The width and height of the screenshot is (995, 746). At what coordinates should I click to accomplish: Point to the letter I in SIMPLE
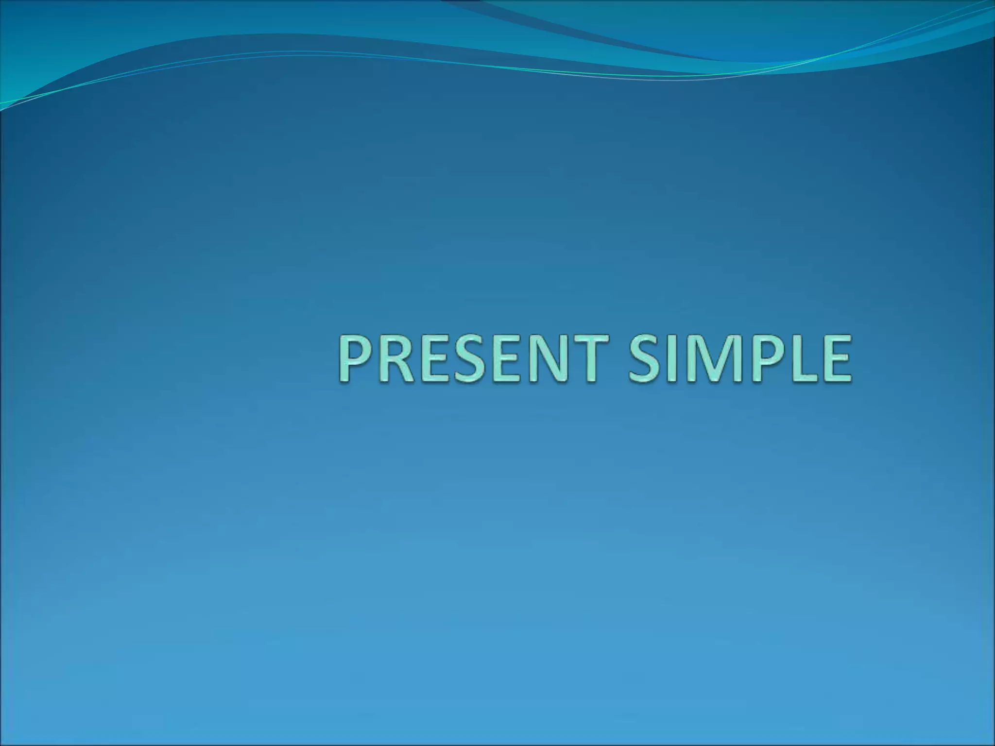(x=676, y=358)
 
